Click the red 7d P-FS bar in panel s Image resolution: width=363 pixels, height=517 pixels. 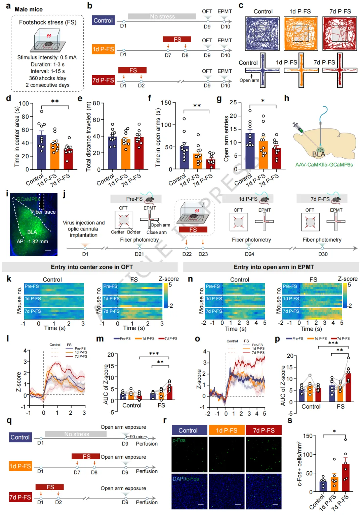click(x=345, y=478)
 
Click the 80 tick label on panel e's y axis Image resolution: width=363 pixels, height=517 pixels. click(x=96, y=103)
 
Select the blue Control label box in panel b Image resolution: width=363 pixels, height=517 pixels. click(x=104, y=20)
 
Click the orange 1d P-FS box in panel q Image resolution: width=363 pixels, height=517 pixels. click(x=20, y=466)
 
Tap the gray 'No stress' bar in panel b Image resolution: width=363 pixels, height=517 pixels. click(x=162, y=16)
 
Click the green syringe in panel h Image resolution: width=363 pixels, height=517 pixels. click(x=298, y=127)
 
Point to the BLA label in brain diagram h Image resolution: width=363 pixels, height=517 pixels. click(x=319, y=154)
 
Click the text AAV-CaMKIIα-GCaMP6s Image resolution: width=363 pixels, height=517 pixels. click(x=324, y=165)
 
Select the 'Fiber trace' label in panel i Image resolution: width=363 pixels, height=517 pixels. click(x=43, y=212)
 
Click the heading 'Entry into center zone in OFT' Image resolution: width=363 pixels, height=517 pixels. click(x=92, y=267)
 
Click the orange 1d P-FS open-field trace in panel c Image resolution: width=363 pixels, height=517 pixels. click(x=300, y=34)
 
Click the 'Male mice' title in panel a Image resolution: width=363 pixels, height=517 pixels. click(x=29, y=9)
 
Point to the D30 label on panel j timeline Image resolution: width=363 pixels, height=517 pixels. click(x=323, y=254)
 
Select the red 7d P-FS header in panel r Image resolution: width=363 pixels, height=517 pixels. click(x=264, y=430)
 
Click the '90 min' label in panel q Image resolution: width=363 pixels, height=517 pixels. click(x=137, y=436)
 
